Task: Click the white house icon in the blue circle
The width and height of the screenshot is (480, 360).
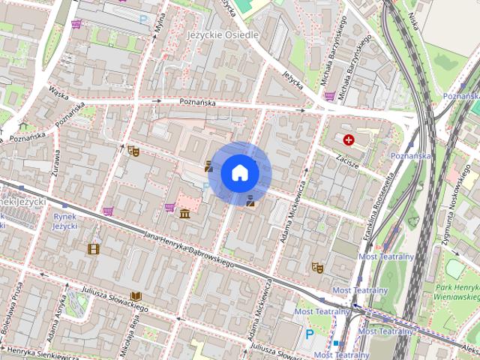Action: pyautogui.click(x=240, y=173)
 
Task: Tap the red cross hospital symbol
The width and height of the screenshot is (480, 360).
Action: pyautogui.click(x=349, y=139)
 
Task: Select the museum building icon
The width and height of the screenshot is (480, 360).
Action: pyautogui.click(x=184, y=216)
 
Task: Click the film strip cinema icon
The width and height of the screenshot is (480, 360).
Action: pyautogui.click(x=93, y=249)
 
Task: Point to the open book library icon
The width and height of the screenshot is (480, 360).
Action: pyautogui.click(x=136, y=297)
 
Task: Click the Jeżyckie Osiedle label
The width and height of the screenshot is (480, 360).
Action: pyautogui.click(x=222, y=35)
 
